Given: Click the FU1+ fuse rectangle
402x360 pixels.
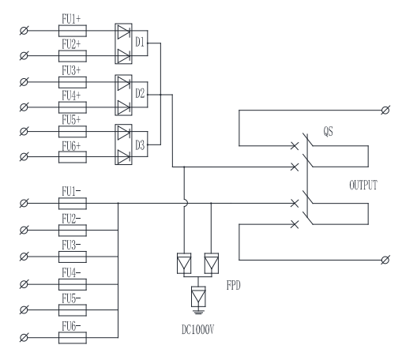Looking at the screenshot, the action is coord(73,31).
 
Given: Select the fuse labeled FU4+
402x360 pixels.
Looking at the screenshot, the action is coord(73,107).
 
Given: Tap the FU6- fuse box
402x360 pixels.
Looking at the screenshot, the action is coord(73,338).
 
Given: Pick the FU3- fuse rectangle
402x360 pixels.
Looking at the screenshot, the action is coord(73,257).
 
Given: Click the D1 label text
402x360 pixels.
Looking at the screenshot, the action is coord(140,42).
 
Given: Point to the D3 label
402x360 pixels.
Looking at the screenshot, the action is coord(140,145).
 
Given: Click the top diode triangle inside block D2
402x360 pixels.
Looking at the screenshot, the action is coord(123,83).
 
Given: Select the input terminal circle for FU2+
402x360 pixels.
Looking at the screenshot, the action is coord(24,56).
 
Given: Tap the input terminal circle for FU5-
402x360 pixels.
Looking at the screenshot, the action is coord(24,310).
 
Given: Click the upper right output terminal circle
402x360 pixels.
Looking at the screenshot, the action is coord(385,110).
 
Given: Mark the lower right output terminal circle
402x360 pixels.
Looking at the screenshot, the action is coord(385,260).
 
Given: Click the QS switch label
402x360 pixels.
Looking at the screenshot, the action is coord(328,131).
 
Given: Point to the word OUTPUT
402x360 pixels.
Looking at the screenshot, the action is coord(363,185).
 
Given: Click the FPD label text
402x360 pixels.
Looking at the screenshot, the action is coord(234,285).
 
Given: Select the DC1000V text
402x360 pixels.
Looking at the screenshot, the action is coord(198,329).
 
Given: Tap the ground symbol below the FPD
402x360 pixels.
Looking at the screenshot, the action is coord(198,312).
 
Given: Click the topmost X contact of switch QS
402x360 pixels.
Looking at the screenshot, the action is coord(295,146).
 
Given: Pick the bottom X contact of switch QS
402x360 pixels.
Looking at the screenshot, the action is coord(295,224).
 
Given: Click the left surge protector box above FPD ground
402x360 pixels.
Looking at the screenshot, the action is coord(184,263).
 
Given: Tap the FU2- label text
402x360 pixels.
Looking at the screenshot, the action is coord(71,219).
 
